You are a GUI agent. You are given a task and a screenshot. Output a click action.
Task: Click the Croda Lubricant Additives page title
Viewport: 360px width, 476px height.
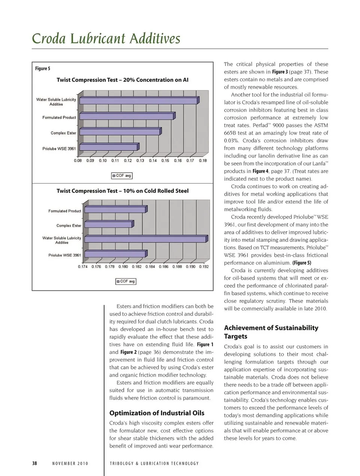click(x=106, y=39)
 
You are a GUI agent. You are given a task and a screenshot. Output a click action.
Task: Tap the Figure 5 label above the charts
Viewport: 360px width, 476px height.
click(x=42, y=68)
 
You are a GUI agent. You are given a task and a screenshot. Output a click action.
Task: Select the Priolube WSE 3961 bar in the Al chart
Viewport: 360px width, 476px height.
click(x=109, y=147)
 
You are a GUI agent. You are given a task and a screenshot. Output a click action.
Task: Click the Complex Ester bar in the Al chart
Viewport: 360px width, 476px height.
click(x=120, y=132)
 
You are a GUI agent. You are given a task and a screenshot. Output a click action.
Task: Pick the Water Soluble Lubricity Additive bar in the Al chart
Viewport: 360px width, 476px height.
click(x=139, y=100)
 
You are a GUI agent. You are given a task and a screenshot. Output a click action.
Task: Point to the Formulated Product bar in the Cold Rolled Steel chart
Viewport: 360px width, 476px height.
click(x=115, y=210)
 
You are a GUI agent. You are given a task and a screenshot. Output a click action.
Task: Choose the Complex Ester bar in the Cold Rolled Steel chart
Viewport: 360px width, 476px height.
click(x=109, y=224)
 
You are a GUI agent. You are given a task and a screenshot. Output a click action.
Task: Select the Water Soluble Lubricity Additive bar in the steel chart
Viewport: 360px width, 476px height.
click(x=145, y=239)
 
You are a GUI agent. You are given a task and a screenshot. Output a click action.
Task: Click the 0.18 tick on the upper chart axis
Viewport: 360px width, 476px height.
click(x=202, y=160)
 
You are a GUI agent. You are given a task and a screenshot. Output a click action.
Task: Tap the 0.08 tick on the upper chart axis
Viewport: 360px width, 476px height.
click(x=78, y=160)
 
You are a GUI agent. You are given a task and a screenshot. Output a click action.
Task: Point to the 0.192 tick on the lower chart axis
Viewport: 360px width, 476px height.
click(x=204, y=266)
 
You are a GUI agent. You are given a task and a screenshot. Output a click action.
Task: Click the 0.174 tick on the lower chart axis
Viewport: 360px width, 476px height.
click(x=83, y=266)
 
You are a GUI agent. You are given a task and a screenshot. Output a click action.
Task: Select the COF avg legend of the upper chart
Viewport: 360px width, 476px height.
click(x=122, y=175)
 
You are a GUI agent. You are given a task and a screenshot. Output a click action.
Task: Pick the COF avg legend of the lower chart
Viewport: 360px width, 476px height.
click(x=126, y=281)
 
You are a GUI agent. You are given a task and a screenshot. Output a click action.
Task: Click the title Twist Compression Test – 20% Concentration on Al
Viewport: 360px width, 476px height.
click(x=122, y=80)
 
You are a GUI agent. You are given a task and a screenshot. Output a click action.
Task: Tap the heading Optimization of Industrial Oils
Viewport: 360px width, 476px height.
click(x=157, y=413)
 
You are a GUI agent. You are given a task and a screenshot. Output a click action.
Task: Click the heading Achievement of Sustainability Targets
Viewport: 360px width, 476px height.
click(x=271, y=332)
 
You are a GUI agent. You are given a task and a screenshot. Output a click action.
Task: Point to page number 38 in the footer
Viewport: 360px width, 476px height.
click(x=34, y=463)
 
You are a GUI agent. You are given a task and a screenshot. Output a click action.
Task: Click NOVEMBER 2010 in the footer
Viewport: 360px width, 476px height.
click(x=70, y=464)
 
